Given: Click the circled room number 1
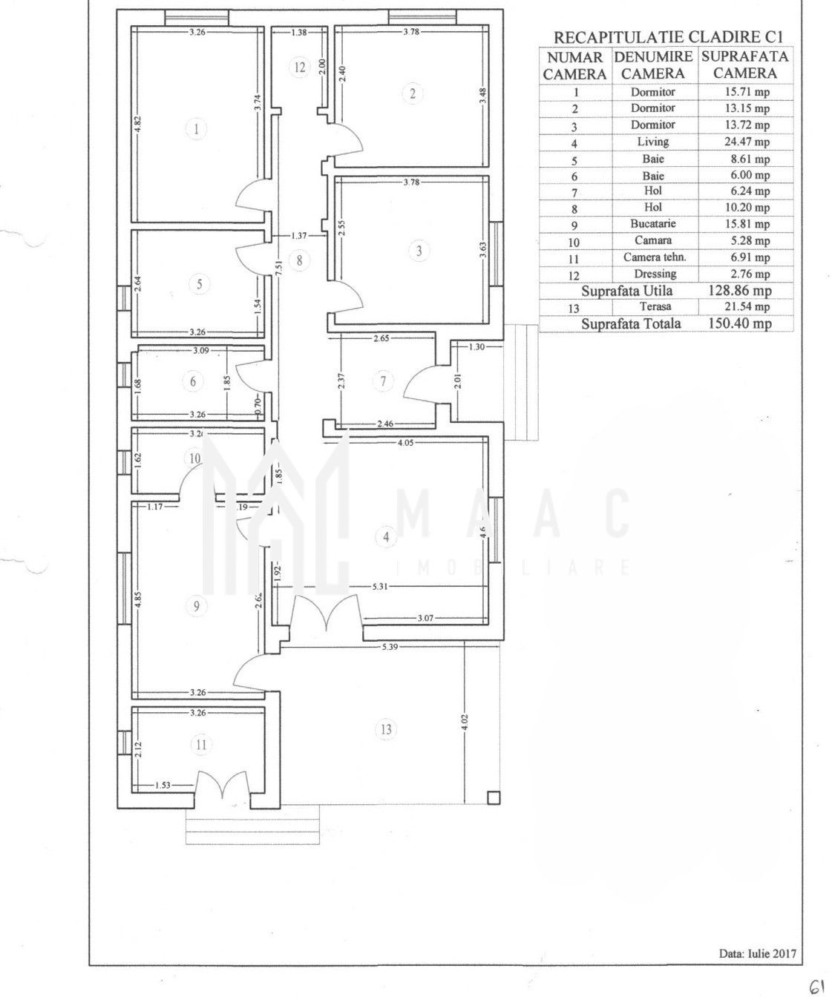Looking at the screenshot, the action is click(x=197, y=129).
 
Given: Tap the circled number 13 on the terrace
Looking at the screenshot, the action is click(x=386, y=729).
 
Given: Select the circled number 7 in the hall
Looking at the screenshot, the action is click(x=383, y=381).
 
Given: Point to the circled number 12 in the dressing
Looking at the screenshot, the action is click(x=300, y=68).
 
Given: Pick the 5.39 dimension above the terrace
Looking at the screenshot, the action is click(x=390, y=647).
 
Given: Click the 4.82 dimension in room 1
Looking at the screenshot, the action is click(x=137, y=125).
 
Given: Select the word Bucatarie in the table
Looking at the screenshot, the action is click(x=653, y=223).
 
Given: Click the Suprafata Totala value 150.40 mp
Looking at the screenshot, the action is click(x=740, y=323).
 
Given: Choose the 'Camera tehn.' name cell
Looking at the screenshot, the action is click(x=655, y=257).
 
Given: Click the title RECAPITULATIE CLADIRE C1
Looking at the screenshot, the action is click(x=669, y=37).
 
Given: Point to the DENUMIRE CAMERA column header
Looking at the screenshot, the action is click(x=653, y=65).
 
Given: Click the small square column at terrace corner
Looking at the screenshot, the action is click(x=493, y=797).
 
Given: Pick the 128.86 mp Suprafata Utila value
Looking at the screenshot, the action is click(x=740, y=290).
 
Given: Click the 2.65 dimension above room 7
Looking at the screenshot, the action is click(x=381, y=338).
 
